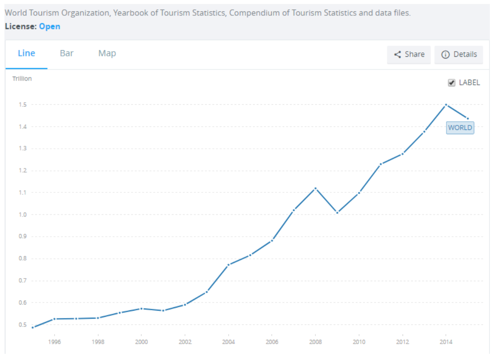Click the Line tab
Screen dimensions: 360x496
26,54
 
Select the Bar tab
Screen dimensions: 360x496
67,54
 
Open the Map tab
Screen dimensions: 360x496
107,54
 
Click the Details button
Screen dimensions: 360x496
459,55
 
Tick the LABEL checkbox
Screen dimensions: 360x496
452,83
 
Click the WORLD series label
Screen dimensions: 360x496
460,128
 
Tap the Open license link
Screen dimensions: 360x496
49,26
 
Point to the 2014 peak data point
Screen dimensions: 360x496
446,105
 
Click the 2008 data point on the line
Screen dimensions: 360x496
315,188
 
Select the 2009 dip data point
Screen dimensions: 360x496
337,213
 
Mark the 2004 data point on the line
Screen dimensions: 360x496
229,264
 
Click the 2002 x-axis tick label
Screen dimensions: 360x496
185,342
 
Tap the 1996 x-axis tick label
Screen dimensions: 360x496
54,342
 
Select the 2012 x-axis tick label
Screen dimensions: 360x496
402,342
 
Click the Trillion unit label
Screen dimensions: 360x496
22,79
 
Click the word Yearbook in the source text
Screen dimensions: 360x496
130,13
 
